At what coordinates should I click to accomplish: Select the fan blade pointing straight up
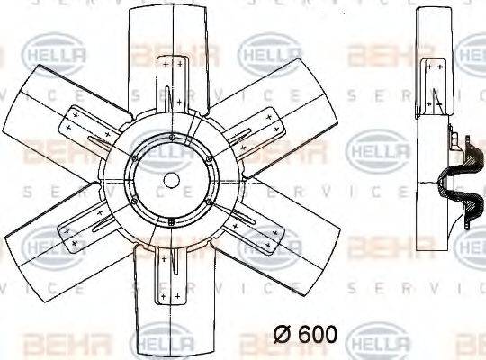pyautogui.click(x=171, y=36)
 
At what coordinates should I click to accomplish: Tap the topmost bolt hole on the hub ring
pyautogui.click(x=171, y=136)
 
